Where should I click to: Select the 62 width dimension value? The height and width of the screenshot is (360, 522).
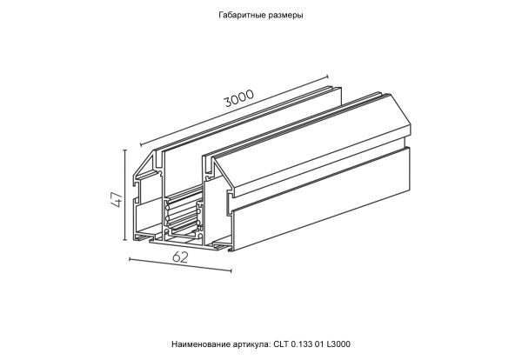pos(180,257)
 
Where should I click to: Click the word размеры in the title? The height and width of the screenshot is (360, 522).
pos(285,16)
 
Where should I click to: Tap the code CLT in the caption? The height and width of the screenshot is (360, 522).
pos(282,344)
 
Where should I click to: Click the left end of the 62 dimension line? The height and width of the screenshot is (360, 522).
pos(129,258)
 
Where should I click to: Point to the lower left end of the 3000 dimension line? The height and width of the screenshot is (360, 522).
pos(142,144)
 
